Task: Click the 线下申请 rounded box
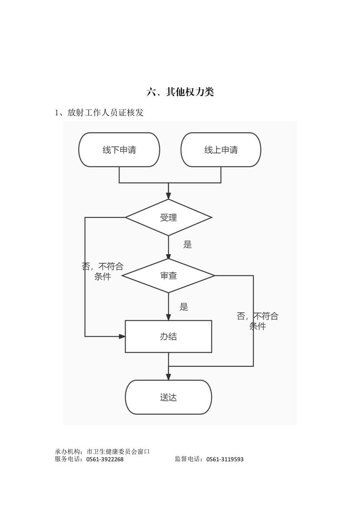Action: click(x=119, y=150)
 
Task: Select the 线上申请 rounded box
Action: click(x=221, y=150)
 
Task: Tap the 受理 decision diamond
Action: click(x=168, y=217)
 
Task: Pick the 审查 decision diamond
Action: click(x=168, y=275)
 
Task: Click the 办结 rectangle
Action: click(x=168, y=336)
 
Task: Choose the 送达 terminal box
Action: click(x=168, y=397)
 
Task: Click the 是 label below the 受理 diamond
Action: click(x=187, y=245)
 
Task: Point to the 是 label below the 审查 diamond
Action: click(x=184, y=307)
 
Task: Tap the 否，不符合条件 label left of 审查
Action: click(x=103, y=271)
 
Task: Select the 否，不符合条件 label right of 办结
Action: click(x=257, y=321)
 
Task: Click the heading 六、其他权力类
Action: click(x=180, y=92)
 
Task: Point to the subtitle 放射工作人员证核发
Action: click(x=105, y=113)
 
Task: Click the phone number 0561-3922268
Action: click(x=104, y=459)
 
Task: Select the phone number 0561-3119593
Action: click(x=225, y=459)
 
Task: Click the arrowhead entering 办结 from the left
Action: click(x=122, y=336)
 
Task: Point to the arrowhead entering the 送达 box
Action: click(x=168, y=377)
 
